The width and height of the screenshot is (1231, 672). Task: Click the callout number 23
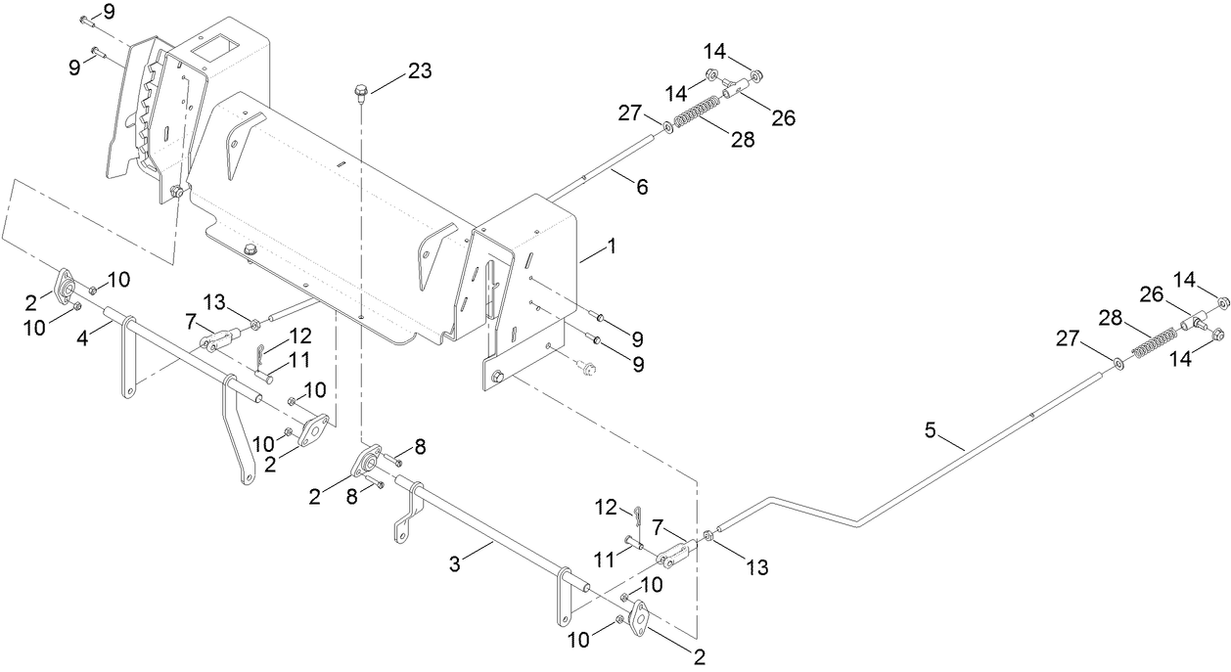pos(419,70)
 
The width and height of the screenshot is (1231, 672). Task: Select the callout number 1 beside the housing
pos(612,249)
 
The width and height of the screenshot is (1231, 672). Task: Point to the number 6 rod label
pos(642,187)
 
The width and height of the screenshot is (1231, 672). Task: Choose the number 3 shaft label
pos(454,563)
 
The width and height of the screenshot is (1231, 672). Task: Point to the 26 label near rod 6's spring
pos(782,118)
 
